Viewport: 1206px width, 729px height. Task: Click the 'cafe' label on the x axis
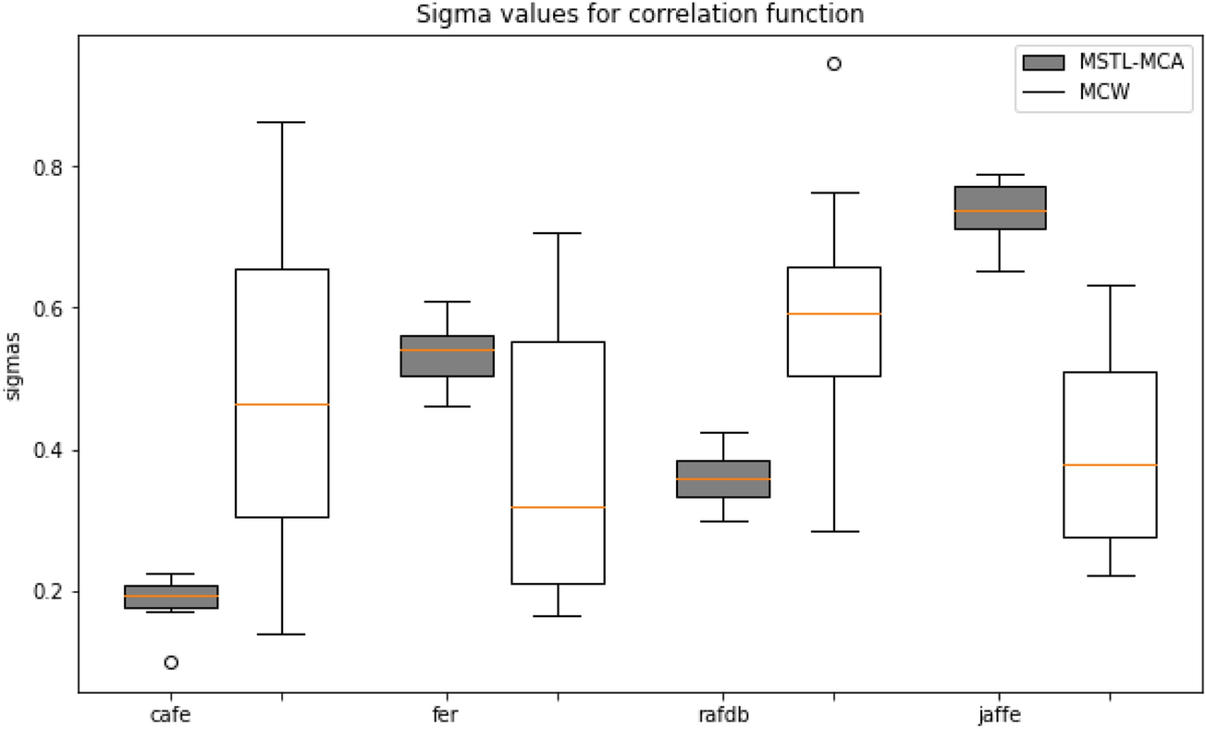tap(170, 714)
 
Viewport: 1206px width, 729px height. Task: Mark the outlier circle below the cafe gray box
tap(171, 662)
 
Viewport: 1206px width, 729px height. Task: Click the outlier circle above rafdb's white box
tap(833, 64)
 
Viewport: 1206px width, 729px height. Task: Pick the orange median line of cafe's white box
tap(282, 404)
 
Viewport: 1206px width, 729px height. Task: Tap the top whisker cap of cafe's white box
tap(282, 122)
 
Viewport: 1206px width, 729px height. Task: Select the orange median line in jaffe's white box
tap(1110, 464)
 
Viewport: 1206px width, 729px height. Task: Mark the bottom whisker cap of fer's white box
tap(558, 616)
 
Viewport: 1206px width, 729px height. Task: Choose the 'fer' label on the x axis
tap(448, 714)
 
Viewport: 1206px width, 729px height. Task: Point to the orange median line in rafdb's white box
tap(833, 314)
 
